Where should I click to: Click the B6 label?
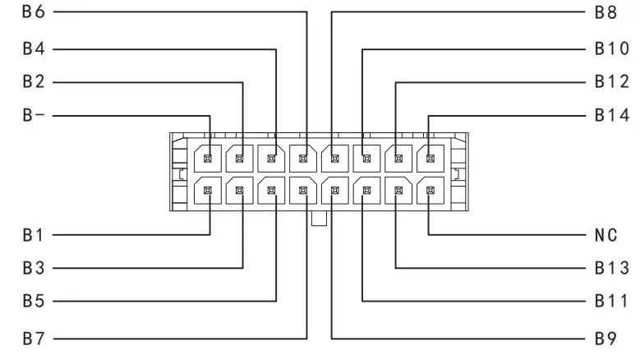(34, 12)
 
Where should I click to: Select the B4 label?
(34, 48)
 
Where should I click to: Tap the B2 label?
(34, 82)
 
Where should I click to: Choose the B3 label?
(34, 268)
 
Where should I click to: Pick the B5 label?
(34, 302)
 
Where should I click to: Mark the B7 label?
(34, 338)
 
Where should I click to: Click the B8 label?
(606, 12)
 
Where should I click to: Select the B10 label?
(612, 48)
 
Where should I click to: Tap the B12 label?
(612, 82)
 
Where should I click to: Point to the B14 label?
(612, 116)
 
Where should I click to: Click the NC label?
(606, 235)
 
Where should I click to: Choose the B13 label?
(612, 268)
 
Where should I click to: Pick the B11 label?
(612, 302)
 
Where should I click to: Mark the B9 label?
(606, 338)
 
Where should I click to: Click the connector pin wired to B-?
(209, 156)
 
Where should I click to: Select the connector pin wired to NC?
(430, 192)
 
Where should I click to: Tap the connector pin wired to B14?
(430, 156)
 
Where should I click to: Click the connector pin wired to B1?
(209, 192)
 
